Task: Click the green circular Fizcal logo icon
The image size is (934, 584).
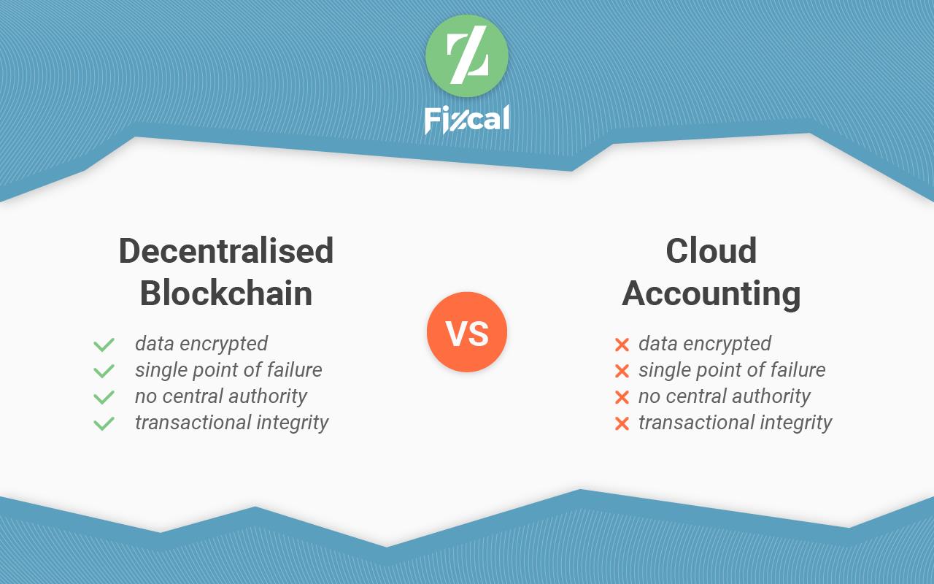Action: (467, 56)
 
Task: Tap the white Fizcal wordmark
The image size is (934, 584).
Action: (467, 120)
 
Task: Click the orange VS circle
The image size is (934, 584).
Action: (467, 332)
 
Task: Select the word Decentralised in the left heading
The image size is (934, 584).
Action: (226, 250)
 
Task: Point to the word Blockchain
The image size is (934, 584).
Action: (226, 293)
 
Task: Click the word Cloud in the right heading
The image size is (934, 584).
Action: (711, 250)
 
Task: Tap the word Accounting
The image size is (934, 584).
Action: (711, 294)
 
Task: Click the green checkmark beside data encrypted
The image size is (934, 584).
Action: (104, 345)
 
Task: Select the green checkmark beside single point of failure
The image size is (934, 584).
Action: (104, 371)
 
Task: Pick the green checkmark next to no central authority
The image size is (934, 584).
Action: (104, 397)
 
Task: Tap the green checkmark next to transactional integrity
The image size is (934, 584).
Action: (104, 423)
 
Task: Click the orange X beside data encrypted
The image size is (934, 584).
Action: (622, 345)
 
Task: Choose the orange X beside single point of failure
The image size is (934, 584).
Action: (622, 371)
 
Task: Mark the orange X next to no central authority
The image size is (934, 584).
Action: (622, 397)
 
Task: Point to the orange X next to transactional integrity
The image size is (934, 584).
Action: (622, 423)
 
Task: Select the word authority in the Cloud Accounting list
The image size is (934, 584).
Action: (771, 396)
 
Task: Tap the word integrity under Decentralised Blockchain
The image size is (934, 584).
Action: (293, 423)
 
